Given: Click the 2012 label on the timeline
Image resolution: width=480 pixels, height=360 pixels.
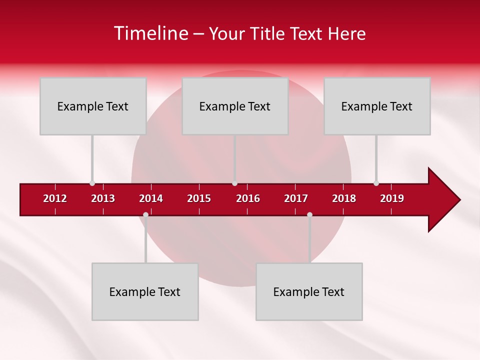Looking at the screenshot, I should point(55,198).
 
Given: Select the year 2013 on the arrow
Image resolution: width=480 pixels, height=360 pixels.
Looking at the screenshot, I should point(103,198).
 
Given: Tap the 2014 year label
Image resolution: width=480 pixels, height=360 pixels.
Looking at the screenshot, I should point(151,198).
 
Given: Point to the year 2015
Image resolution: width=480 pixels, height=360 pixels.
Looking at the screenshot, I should point(199,198).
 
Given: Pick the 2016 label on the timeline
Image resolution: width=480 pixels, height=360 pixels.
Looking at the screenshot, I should point(248,198).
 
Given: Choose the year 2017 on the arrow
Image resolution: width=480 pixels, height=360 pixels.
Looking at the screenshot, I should point(296,198).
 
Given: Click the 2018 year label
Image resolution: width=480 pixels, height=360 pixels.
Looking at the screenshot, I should point(344,198).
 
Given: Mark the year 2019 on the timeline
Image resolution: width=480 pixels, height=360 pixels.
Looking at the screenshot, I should point(392,198).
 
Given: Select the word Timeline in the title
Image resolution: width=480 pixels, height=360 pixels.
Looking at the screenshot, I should point(151,33).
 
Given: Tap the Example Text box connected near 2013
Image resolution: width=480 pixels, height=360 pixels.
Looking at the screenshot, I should point(93,106).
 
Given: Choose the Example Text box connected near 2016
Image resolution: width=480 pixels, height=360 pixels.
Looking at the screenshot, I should point(235,106).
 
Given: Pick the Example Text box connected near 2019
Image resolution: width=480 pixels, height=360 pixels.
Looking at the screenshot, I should point(377,106).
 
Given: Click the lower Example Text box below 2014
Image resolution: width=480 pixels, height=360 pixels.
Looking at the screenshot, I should point(145,291).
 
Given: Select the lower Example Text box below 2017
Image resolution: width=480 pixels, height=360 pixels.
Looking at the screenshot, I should point(309,291).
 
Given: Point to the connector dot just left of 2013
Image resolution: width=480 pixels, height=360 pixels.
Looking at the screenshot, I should point(92,183).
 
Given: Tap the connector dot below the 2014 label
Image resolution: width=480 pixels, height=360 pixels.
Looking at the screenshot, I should point(145,215).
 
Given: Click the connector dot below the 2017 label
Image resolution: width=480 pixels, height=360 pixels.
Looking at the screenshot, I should point(309,215).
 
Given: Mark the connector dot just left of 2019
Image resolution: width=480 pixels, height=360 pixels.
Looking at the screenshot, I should point(376,183).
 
